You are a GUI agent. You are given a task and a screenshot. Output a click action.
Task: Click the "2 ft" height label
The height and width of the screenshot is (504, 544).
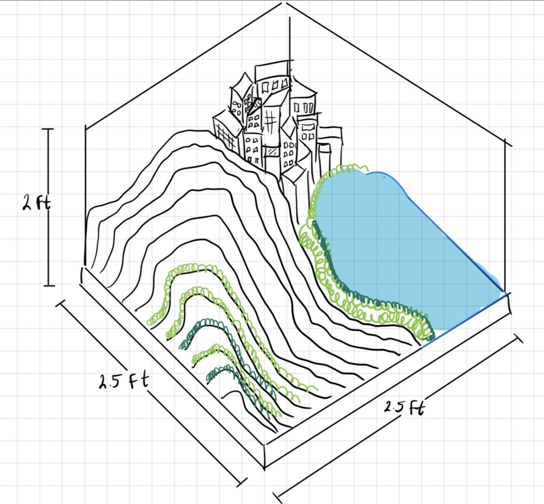[36, 202]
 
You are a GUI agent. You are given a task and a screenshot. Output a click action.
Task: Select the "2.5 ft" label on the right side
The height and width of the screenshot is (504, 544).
[404, 407]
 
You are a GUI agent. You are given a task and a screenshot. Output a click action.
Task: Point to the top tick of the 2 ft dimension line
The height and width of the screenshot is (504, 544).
[48, 129]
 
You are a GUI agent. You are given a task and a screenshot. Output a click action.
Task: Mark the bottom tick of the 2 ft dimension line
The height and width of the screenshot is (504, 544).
[49, 286]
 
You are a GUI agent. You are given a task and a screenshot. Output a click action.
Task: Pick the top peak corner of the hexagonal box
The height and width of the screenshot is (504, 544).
[286, 3]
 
